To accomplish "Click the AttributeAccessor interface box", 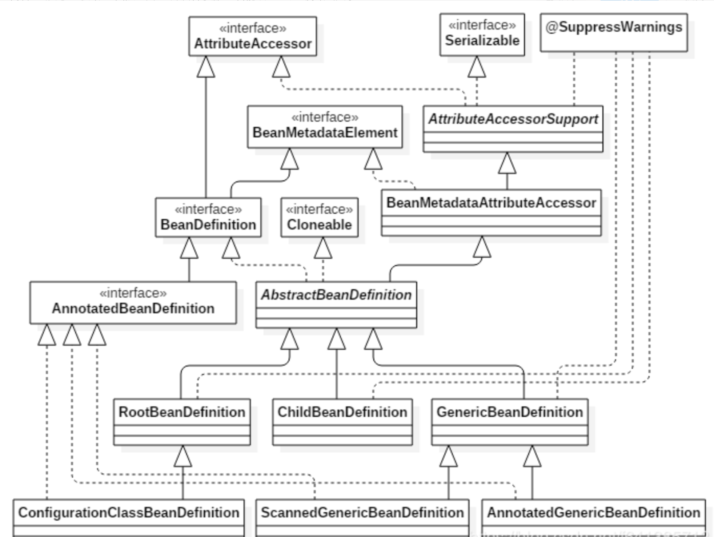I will [x=253, y=36].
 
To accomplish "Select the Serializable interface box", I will [x=482, y=35].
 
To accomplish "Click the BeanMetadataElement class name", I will [x=325, y=133].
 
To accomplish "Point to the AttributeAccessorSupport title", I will [x=513, y=119].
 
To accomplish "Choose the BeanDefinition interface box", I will [x=208, y=218].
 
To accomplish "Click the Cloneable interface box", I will [x=319, y=218].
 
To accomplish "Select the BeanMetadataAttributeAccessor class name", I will [x=491, y=203].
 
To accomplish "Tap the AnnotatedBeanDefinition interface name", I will [x=133, y=309].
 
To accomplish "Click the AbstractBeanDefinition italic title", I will [x=336, y=295].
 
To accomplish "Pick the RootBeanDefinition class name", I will [x=182, y=412].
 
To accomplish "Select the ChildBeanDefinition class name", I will [x=342, y=412].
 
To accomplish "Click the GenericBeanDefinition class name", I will [x=509, y=412].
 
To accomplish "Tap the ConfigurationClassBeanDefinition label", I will [x=129, y=513].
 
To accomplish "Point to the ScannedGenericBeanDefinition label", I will [x=362, y=513].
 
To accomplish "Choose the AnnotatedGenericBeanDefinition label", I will [x=593, y=513].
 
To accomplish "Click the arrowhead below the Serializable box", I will [x=477, y=68].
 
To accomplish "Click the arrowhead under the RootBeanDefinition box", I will [x=182, y=457].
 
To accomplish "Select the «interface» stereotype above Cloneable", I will [x=319, y=209].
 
